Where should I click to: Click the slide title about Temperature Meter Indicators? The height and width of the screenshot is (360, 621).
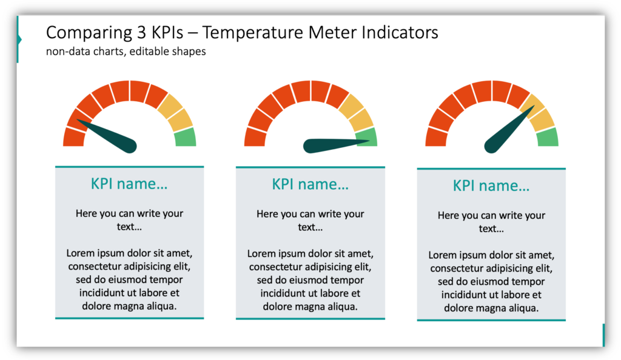[242, 33]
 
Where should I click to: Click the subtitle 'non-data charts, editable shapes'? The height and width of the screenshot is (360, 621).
[126, 52]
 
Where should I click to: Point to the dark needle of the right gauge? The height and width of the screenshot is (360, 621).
[509, 130]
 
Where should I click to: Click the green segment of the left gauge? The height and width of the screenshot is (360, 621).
[186, 137]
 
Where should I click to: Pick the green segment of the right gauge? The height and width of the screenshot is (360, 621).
[548, 137]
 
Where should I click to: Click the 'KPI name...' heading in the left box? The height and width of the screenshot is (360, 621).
[129, 184]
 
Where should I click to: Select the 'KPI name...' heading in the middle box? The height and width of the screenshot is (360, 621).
[310, 184]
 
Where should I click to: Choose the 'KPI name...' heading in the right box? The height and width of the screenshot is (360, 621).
[491, 185]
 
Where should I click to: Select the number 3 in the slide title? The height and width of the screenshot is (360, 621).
[142, 33]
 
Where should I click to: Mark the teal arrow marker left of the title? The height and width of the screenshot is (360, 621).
[19, 39]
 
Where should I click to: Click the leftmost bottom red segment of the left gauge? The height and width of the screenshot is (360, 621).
[73, 138]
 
